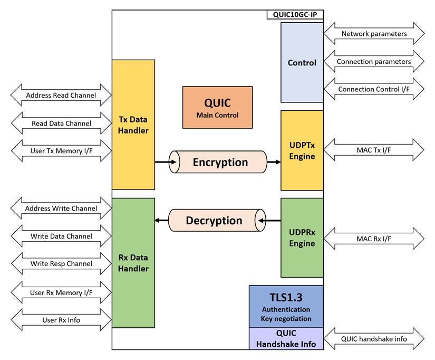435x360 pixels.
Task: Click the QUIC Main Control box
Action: (x=217, y=107)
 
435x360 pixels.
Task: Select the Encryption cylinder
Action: (x=220, y=162)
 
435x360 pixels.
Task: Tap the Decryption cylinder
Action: (x=214, y=220)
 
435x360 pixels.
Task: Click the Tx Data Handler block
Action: (x=133, y=124)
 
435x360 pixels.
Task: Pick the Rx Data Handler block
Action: (x=133, y=262)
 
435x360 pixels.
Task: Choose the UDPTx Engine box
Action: (x=302, y=150)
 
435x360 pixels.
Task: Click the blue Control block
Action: (x=302, y=62)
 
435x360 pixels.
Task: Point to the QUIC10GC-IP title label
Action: (x=295, y=14)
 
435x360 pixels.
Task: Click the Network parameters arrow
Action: (x=374, y=34)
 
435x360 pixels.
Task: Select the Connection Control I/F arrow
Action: (x=374, y=89)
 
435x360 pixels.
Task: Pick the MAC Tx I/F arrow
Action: (x=374, y=150)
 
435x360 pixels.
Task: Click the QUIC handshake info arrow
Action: (x=374, y=338)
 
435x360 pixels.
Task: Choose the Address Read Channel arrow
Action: (x=61, y=96)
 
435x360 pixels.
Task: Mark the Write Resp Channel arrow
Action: (x=61, y=263)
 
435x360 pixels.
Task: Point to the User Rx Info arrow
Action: (x=61, y=320)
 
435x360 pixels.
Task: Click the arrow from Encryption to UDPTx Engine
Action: (x=274, y=162)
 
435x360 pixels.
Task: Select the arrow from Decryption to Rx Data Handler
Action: (x=161, y=220)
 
